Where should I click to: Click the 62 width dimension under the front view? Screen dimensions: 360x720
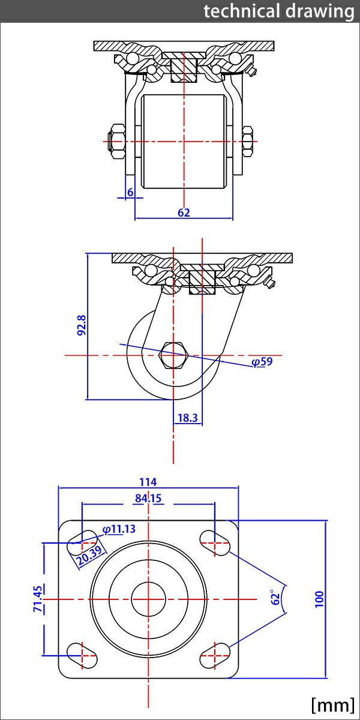point(184,212)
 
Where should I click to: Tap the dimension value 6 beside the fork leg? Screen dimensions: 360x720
point(130,192)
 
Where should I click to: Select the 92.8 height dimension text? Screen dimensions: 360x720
point(82,325)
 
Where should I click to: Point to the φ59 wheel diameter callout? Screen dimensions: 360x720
point(262,362)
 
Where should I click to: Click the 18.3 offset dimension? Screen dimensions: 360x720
point(188,418)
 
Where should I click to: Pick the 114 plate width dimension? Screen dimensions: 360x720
point(148,482)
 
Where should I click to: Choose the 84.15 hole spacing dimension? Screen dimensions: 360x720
point(148,498)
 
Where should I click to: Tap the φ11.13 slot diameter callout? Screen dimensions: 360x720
point(119,529)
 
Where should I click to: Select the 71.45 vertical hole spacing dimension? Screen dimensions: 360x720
point(38,599)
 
